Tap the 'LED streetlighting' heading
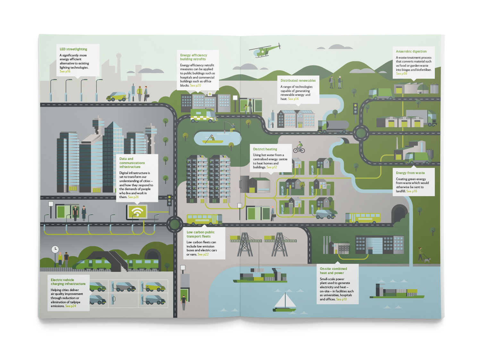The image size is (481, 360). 73,49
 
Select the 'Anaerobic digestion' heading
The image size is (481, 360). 411,51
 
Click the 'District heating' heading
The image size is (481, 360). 265,149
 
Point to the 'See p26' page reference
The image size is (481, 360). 133,197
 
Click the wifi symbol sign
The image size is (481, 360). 137,212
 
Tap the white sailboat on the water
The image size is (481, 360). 285,303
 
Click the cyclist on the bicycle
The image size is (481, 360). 299,147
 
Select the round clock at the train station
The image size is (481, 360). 55,249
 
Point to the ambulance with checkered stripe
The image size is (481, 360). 203,115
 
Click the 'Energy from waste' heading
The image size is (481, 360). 410,173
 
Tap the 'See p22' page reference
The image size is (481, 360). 203,255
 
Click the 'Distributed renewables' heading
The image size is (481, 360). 298,80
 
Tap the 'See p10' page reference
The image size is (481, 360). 341,299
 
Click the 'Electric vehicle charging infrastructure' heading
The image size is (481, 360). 68,282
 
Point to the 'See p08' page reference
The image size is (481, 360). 401,74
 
